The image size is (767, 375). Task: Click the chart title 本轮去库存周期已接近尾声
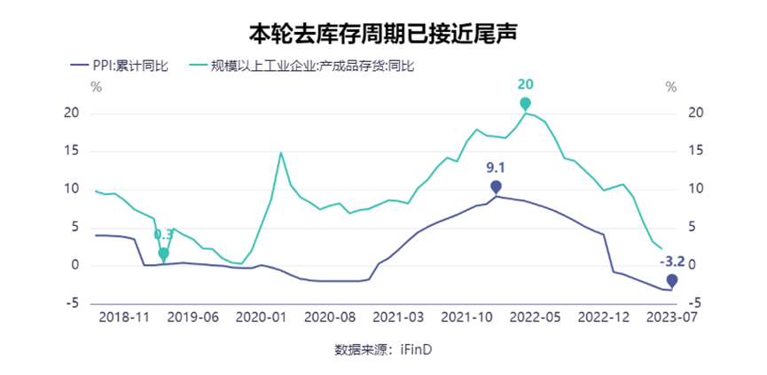coord(383,34)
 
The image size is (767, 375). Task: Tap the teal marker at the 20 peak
coord(526,105)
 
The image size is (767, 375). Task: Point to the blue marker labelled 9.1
coord(496,186)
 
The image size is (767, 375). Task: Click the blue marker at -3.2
coord(672,280)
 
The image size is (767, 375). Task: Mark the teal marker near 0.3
coord(163,254)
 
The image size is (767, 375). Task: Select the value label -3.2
coord(672,261)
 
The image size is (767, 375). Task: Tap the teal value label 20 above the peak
coord(525,84)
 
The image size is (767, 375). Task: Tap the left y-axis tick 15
coord(73,152)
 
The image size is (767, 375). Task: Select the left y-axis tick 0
coord(76,265)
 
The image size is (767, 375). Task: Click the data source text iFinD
coord(414,349)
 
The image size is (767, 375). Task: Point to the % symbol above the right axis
coord(671,87)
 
